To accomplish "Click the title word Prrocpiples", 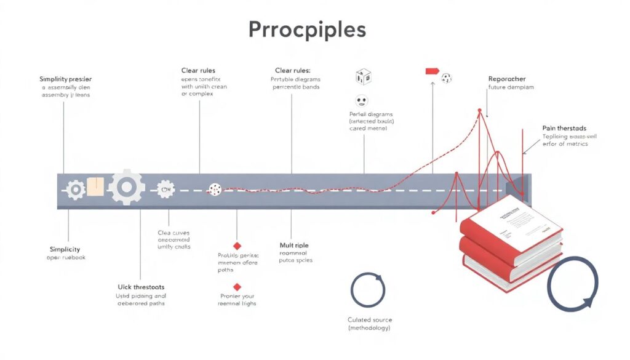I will pyautogui.click(x=307, y=30).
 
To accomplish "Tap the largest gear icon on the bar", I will pyautogui.click(x=127, y=187).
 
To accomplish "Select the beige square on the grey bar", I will pyautogui.click(x=95, y=186).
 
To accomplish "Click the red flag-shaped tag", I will pyautogui.click(x=433, y=71).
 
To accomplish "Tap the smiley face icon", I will pyautogui.click(x=361, y=101).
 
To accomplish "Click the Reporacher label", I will pyautogui.click(x=507, y=79).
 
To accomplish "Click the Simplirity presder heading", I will pyautogui.click(x=65, y=79).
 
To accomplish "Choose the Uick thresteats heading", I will pyautogui.click(x=141, y=287).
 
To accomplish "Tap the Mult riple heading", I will pyautogui.click(x=294, y=246).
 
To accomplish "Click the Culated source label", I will pyautogui.click(x=369, y=320).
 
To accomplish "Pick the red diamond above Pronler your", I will pyautogui.click(x=237, y=287).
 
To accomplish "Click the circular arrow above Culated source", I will pyautogui.click(x=368, y=289).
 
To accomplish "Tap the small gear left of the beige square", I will pyautogui.click(x=76, y=189).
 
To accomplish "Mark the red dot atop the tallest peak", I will pyautogui.click(x=480, y=111).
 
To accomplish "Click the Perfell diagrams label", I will pyautogui.click(x=370, y=114).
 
